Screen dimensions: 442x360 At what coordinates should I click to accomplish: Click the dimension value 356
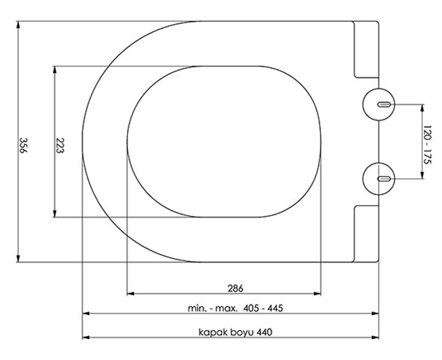[23, 146]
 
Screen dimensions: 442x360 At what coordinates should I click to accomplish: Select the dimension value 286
[235, 288]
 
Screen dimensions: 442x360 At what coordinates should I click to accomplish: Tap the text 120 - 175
[427, 144]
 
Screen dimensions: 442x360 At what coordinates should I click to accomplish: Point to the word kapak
[211, 332]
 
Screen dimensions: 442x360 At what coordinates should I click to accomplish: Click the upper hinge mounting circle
[379, 104]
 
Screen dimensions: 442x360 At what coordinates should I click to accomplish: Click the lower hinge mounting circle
[379, 179]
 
